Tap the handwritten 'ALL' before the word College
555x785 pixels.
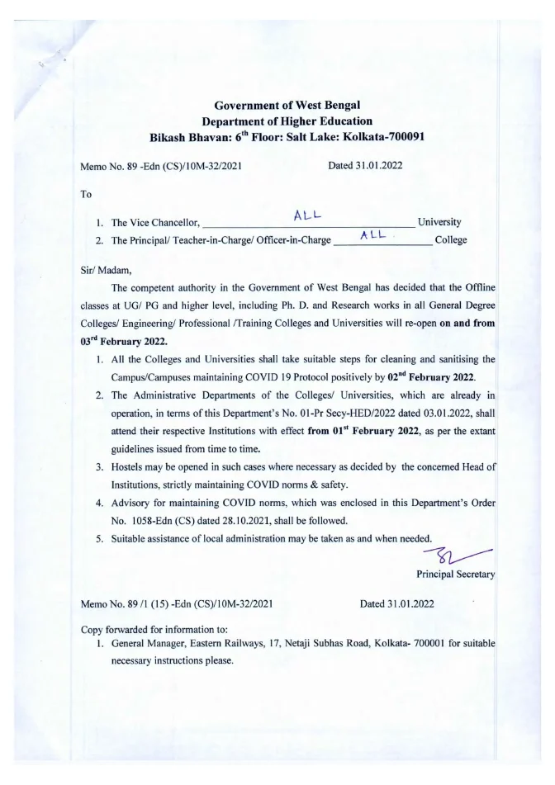pos(376,236)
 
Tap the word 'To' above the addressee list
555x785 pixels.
pos(87,194)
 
